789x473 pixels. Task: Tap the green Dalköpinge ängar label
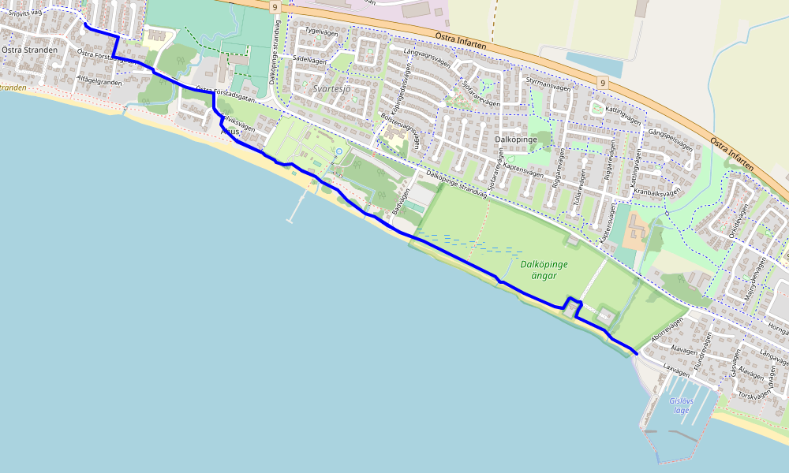tap(544, 270)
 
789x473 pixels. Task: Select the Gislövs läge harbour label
tap(679, 405)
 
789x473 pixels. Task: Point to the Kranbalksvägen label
tap(656, 192)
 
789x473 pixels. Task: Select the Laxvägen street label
tap(671, 367)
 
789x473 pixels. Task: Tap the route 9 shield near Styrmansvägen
tap(602, 83)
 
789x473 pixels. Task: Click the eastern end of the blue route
tap(636, 355)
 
